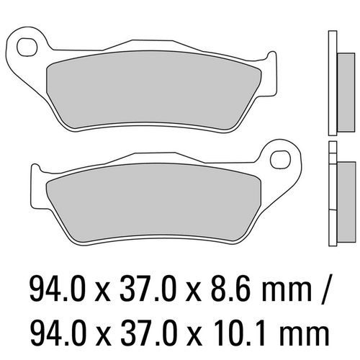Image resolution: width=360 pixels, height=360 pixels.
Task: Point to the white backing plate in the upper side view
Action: tap(331, 83)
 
